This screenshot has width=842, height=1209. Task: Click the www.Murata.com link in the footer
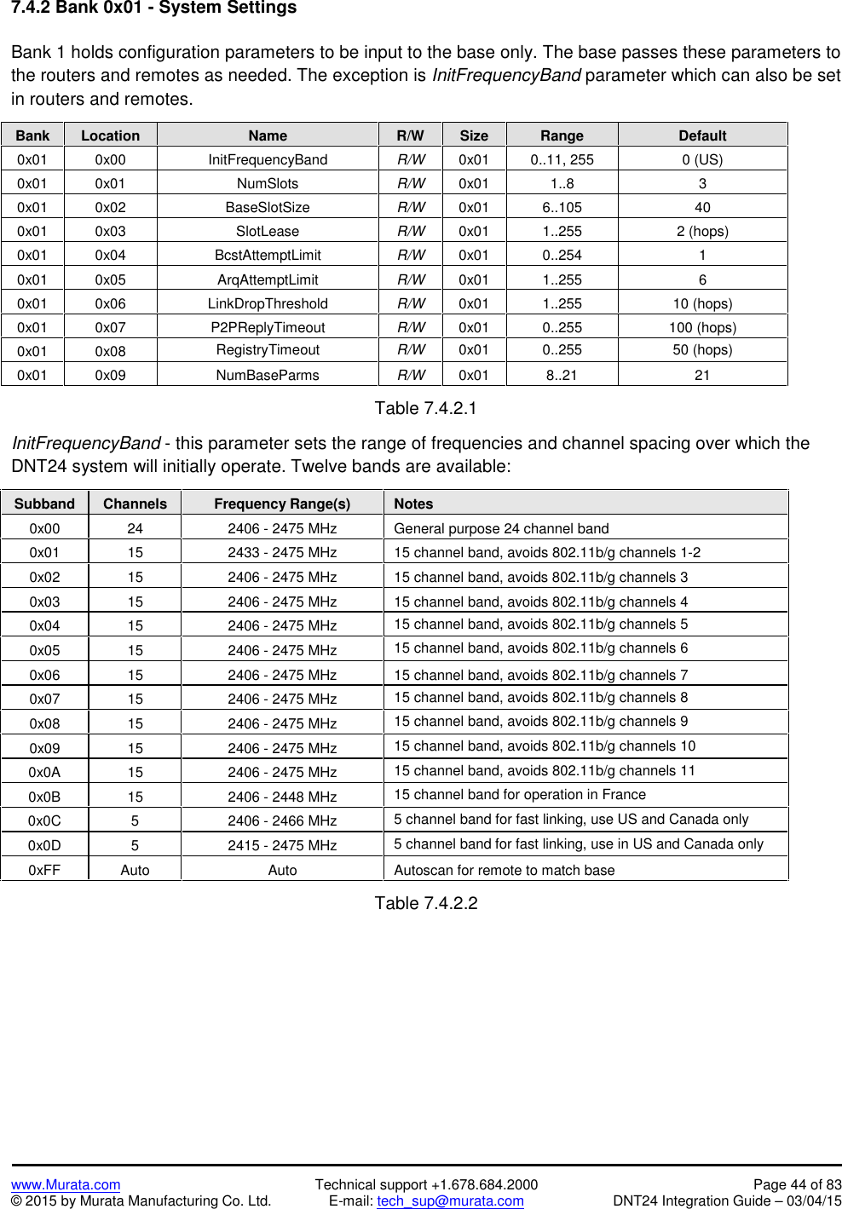point(66,1184)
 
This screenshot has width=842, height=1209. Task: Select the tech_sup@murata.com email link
point(450,1200)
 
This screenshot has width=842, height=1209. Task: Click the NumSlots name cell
point(268,183)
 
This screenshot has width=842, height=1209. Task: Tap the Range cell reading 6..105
point(562,207)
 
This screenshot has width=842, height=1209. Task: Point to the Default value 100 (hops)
point(702,327)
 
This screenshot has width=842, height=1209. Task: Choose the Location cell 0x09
point(110,375)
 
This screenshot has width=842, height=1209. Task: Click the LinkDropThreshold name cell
point(268,303)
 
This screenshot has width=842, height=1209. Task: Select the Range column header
point(562,135)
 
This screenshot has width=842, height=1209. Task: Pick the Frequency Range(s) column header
point(282,504)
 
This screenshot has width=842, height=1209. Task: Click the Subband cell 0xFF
point(44,870)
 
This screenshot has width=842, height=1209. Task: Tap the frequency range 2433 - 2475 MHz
point(282,552)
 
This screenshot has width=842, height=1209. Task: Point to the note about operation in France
point(520,794)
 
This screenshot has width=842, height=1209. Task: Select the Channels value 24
point(135,528)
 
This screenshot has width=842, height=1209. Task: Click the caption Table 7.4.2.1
point(425,408)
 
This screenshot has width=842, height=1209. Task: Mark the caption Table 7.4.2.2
point(425,903)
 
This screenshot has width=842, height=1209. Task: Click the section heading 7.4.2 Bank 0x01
point(153,9)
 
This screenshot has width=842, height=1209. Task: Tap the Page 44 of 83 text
point(797,1184)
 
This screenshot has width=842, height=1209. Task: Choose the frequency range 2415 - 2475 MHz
point(282,845)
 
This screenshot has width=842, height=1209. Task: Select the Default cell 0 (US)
point(702,159)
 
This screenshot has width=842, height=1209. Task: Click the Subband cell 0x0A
point(44,772)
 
